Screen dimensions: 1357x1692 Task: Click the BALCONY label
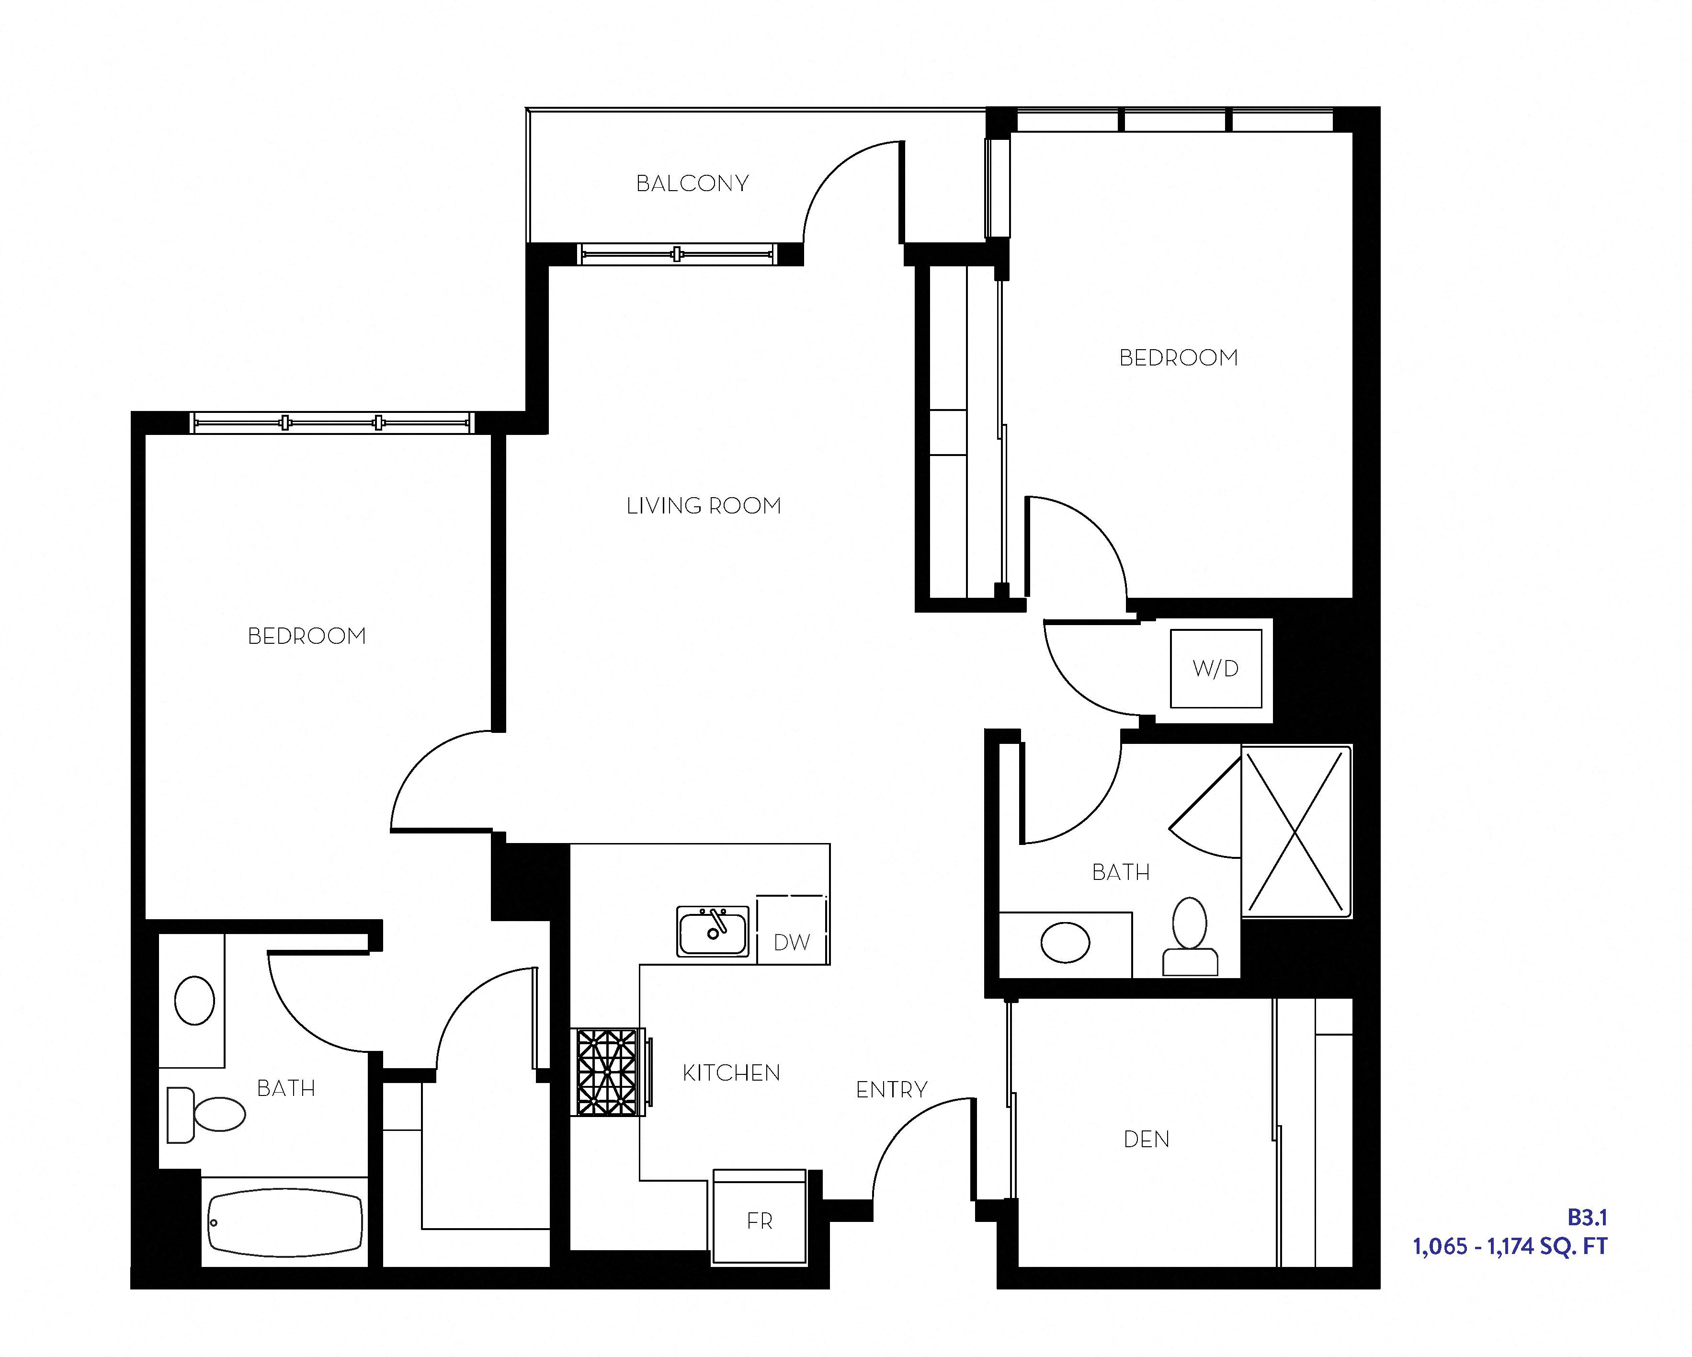click(x=692, y=183)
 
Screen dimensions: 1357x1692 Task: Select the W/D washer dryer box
click(x=1215, y=669)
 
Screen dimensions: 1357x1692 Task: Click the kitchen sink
click(x=713, y=932)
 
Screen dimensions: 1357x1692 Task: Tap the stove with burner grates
click(x=607, y=1072)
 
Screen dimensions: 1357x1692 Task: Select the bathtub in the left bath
click(x=285, y=1223)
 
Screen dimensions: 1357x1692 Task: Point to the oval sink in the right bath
click(x=1065, y=943)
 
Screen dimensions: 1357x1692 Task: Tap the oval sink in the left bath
click(x=194, y=1001)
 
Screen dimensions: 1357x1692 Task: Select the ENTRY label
click(x=892, y=1089)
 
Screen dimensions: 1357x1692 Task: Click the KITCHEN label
click(x=731, y=1073)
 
